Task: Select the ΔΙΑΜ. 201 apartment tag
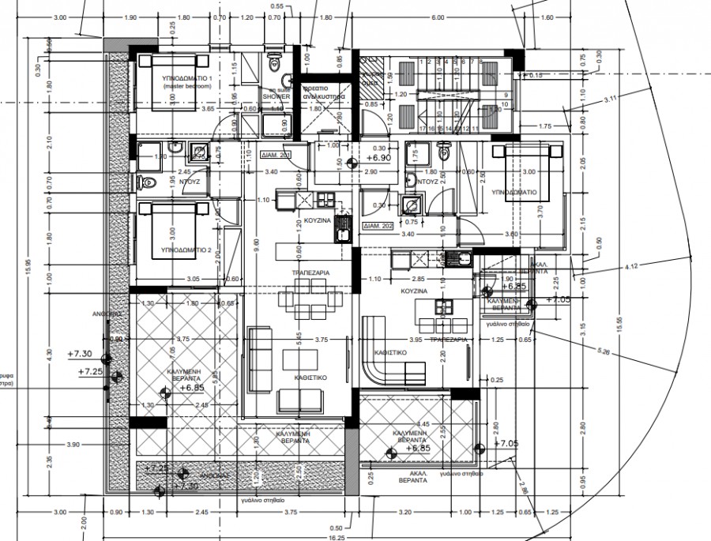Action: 276,156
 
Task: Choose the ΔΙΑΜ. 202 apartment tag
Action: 378,225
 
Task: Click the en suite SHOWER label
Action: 278,96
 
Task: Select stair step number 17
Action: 424,127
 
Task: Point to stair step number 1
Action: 423,60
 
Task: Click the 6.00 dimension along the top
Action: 437,18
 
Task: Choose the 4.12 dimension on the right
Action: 630,268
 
